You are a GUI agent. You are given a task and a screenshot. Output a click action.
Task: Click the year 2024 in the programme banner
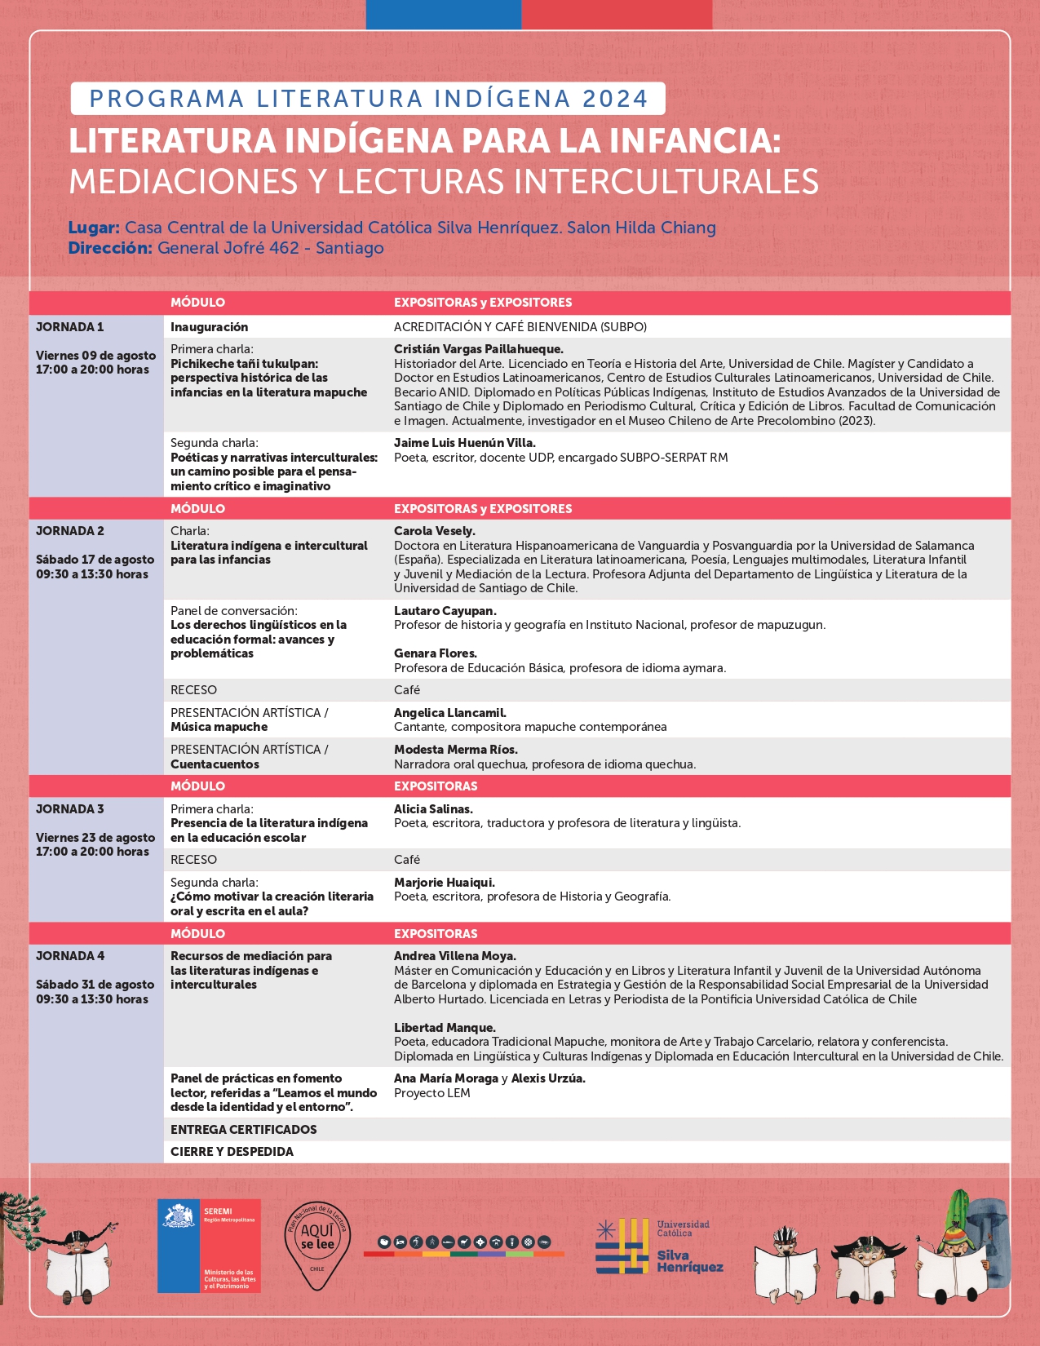615,99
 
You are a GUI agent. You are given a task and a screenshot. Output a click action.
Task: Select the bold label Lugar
94,228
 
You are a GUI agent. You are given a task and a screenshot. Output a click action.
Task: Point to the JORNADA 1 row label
70,327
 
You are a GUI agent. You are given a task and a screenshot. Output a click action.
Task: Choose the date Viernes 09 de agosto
95,355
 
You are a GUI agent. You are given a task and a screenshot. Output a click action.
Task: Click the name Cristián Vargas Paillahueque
478,349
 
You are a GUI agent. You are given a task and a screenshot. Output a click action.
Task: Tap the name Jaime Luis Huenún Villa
464,443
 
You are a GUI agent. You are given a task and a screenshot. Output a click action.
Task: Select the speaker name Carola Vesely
434,531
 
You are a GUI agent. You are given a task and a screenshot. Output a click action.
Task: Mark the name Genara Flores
435,653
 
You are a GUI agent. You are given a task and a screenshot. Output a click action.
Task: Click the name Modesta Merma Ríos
455,750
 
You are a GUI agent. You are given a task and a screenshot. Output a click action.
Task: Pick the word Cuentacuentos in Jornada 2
215,764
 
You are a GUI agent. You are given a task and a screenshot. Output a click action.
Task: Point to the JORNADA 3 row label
70,809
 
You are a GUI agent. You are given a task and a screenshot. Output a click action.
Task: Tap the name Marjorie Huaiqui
444,883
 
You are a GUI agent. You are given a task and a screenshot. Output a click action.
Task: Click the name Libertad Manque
445,1028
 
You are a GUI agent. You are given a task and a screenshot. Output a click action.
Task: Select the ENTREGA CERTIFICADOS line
243,1130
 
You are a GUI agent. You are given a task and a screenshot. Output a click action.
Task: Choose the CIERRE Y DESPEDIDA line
232,1152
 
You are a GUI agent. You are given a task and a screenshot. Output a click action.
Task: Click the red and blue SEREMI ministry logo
209,1246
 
